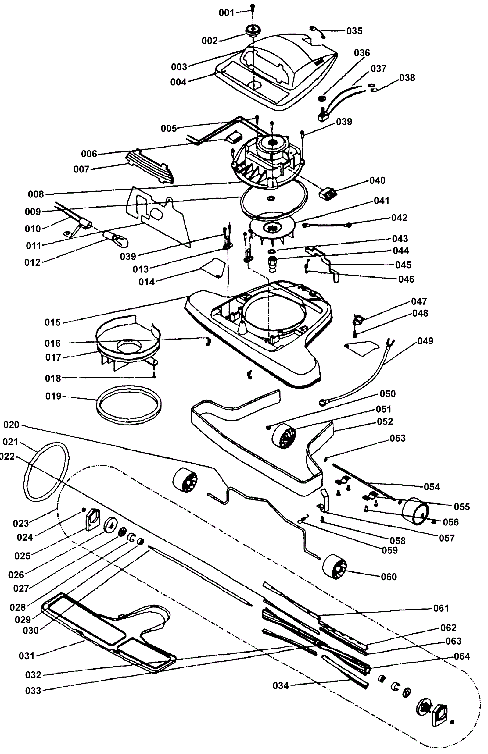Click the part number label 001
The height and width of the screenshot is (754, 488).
227,13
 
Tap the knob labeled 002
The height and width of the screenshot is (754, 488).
253,31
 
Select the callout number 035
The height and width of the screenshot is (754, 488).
354,31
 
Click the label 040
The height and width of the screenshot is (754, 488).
377,180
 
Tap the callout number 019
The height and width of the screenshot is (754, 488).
53,396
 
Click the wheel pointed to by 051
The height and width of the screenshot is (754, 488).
284,436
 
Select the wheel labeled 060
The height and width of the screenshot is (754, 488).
335,567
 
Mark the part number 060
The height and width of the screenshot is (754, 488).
389,577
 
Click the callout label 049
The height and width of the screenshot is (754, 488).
425,341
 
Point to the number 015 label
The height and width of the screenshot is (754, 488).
52,323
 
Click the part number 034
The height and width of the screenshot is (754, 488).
281,686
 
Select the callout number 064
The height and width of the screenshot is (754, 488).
462,656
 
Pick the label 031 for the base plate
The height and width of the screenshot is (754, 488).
27,656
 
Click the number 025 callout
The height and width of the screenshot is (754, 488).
23,556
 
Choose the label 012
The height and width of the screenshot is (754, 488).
32,262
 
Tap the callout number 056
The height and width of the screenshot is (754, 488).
450,522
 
